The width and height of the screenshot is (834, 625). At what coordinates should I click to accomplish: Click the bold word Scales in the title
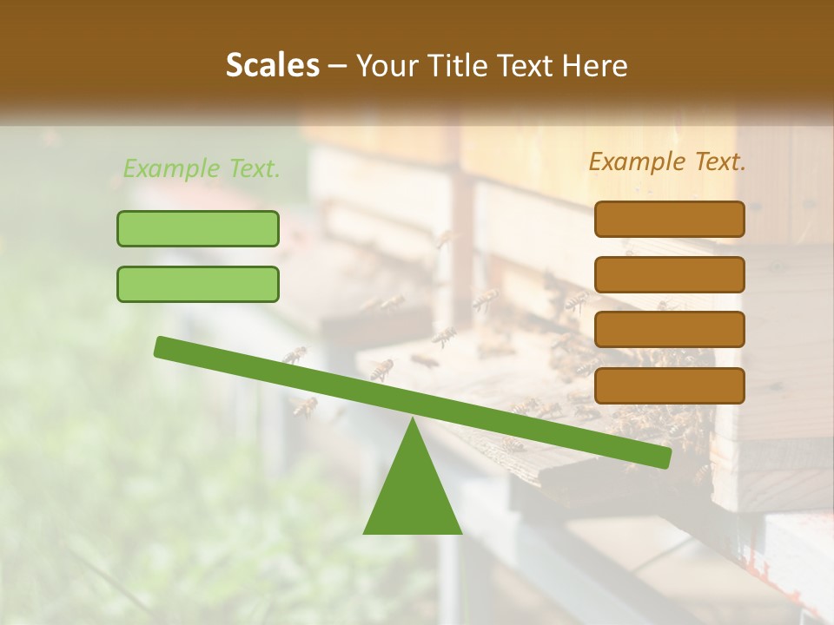click(273, 66)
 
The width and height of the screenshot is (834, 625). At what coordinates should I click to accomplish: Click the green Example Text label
click(202, 168)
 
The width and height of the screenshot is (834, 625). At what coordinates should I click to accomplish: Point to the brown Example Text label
click(667, 161)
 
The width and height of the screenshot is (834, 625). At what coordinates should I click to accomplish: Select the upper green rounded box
click(198, 228)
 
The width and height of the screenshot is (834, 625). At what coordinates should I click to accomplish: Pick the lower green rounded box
click(198, 284)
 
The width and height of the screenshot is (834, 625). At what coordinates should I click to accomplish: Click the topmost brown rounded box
click(669, 219)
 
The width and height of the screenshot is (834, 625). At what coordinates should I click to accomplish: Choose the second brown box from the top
click(669, 274)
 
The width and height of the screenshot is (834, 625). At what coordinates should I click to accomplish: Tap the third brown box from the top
click(669, 330)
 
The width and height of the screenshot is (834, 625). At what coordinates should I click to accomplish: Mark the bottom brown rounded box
click(669, 385)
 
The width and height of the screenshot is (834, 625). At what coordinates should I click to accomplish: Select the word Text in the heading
click(533, 66)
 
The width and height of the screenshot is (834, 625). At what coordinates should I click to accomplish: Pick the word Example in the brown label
click(637, 161)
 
